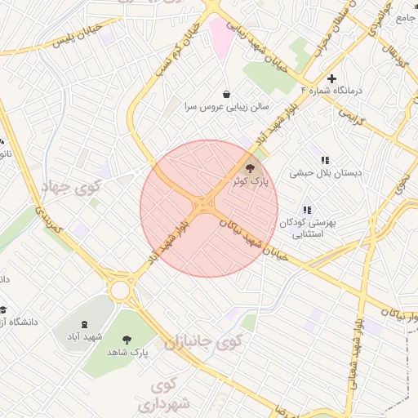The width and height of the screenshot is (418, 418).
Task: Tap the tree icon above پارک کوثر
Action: tap(249, 168)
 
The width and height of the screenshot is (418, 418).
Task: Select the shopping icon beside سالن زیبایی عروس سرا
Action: tap(226, 94)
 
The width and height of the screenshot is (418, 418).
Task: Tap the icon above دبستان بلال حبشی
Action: tap(325, 161)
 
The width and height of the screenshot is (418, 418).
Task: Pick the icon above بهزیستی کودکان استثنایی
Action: tap(307, 210)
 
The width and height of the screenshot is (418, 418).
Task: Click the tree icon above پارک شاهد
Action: tap(127, 339)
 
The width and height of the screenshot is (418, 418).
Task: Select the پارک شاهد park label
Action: tap(127, 352)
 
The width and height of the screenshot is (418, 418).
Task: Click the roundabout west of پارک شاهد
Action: tap(121, 290)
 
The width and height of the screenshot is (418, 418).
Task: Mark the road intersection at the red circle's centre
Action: tap(204, 207)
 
